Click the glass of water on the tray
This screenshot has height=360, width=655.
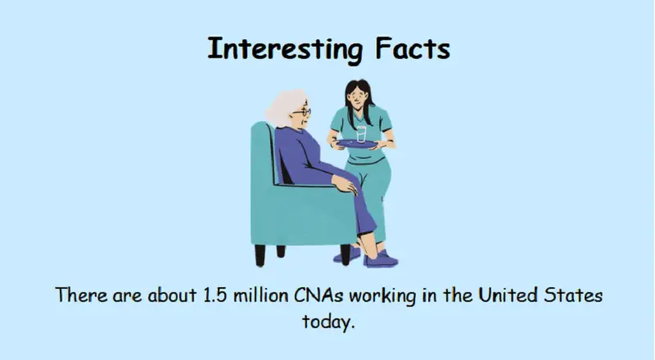(x=362, y=133)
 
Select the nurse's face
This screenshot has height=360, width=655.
(x=358, y=97)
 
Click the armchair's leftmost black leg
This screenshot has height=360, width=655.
(x=260, y=254)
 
